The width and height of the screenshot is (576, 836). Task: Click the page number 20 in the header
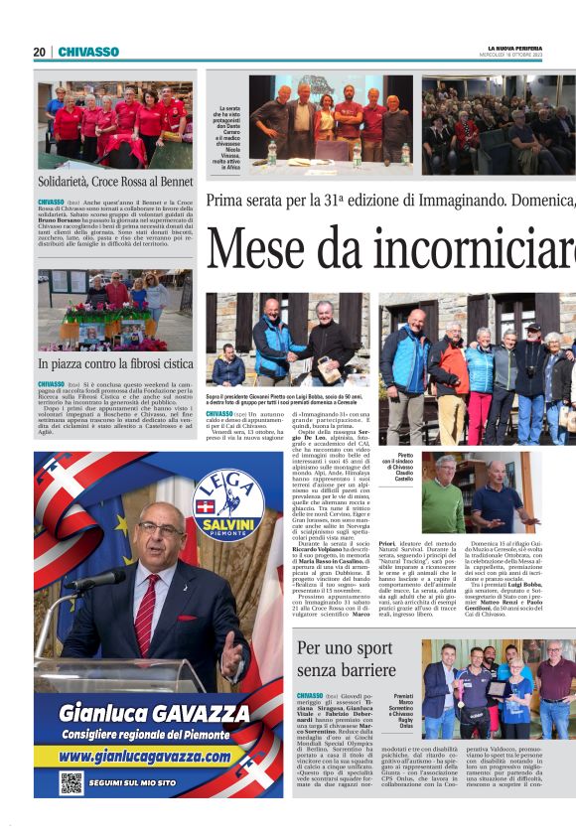[39, 52]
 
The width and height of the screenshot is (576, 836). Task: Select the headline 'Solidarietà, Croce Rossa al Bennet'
[115, 183]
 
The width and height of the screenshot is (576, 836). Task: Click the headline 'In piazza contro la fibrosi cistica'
[115, 364]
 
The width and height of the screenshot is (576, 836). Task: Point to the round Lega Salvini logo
[227, 502]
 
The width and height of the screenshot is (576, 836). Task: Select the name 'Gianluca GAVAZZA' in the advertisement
[158, 712]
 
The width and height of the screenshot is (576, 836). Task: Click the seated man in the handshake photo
[228, 367]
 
